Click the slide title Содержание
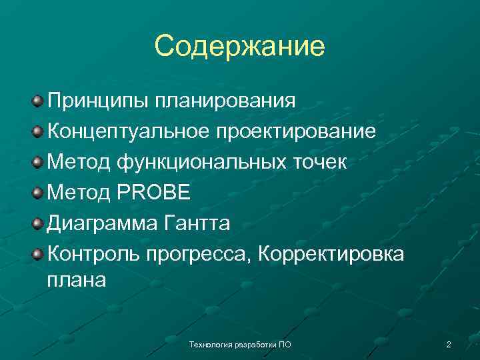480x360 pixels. click(x=239, y=47)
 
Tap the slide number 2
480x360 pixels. click(x=449, y=345)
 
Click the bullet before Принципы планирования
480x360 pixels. click(x=39, y=102)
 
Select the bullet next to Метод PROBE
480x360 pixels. click(x=39, y=193)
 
